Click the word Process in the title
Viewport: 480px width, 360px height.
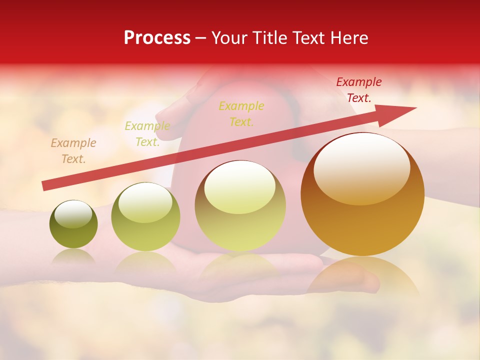point(157,38)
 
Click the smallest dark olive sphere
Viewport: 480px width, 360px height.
point(73,225)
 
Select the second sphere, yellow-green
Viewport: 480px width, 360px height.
point(145,217)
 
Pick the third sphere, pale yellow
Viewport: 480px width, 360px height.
point(240,206)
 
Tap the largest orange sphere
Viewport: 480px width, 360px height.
point(362,195)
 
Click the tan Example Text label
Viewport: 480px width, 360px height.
point(73,151)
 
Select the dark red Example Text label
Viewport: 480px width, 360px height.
point(358,90)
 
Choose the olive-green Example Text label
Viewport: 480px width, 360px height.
point(147,134)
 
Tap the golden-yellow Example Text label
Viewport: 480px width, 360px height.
point(241,114)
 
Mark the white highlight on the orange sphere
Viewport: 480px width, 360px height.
point(361,167)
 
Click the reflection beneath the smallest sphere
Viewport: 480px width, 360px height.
point(73,256)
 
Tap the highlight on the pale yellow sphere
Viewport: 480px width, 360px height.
point(239,188)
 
